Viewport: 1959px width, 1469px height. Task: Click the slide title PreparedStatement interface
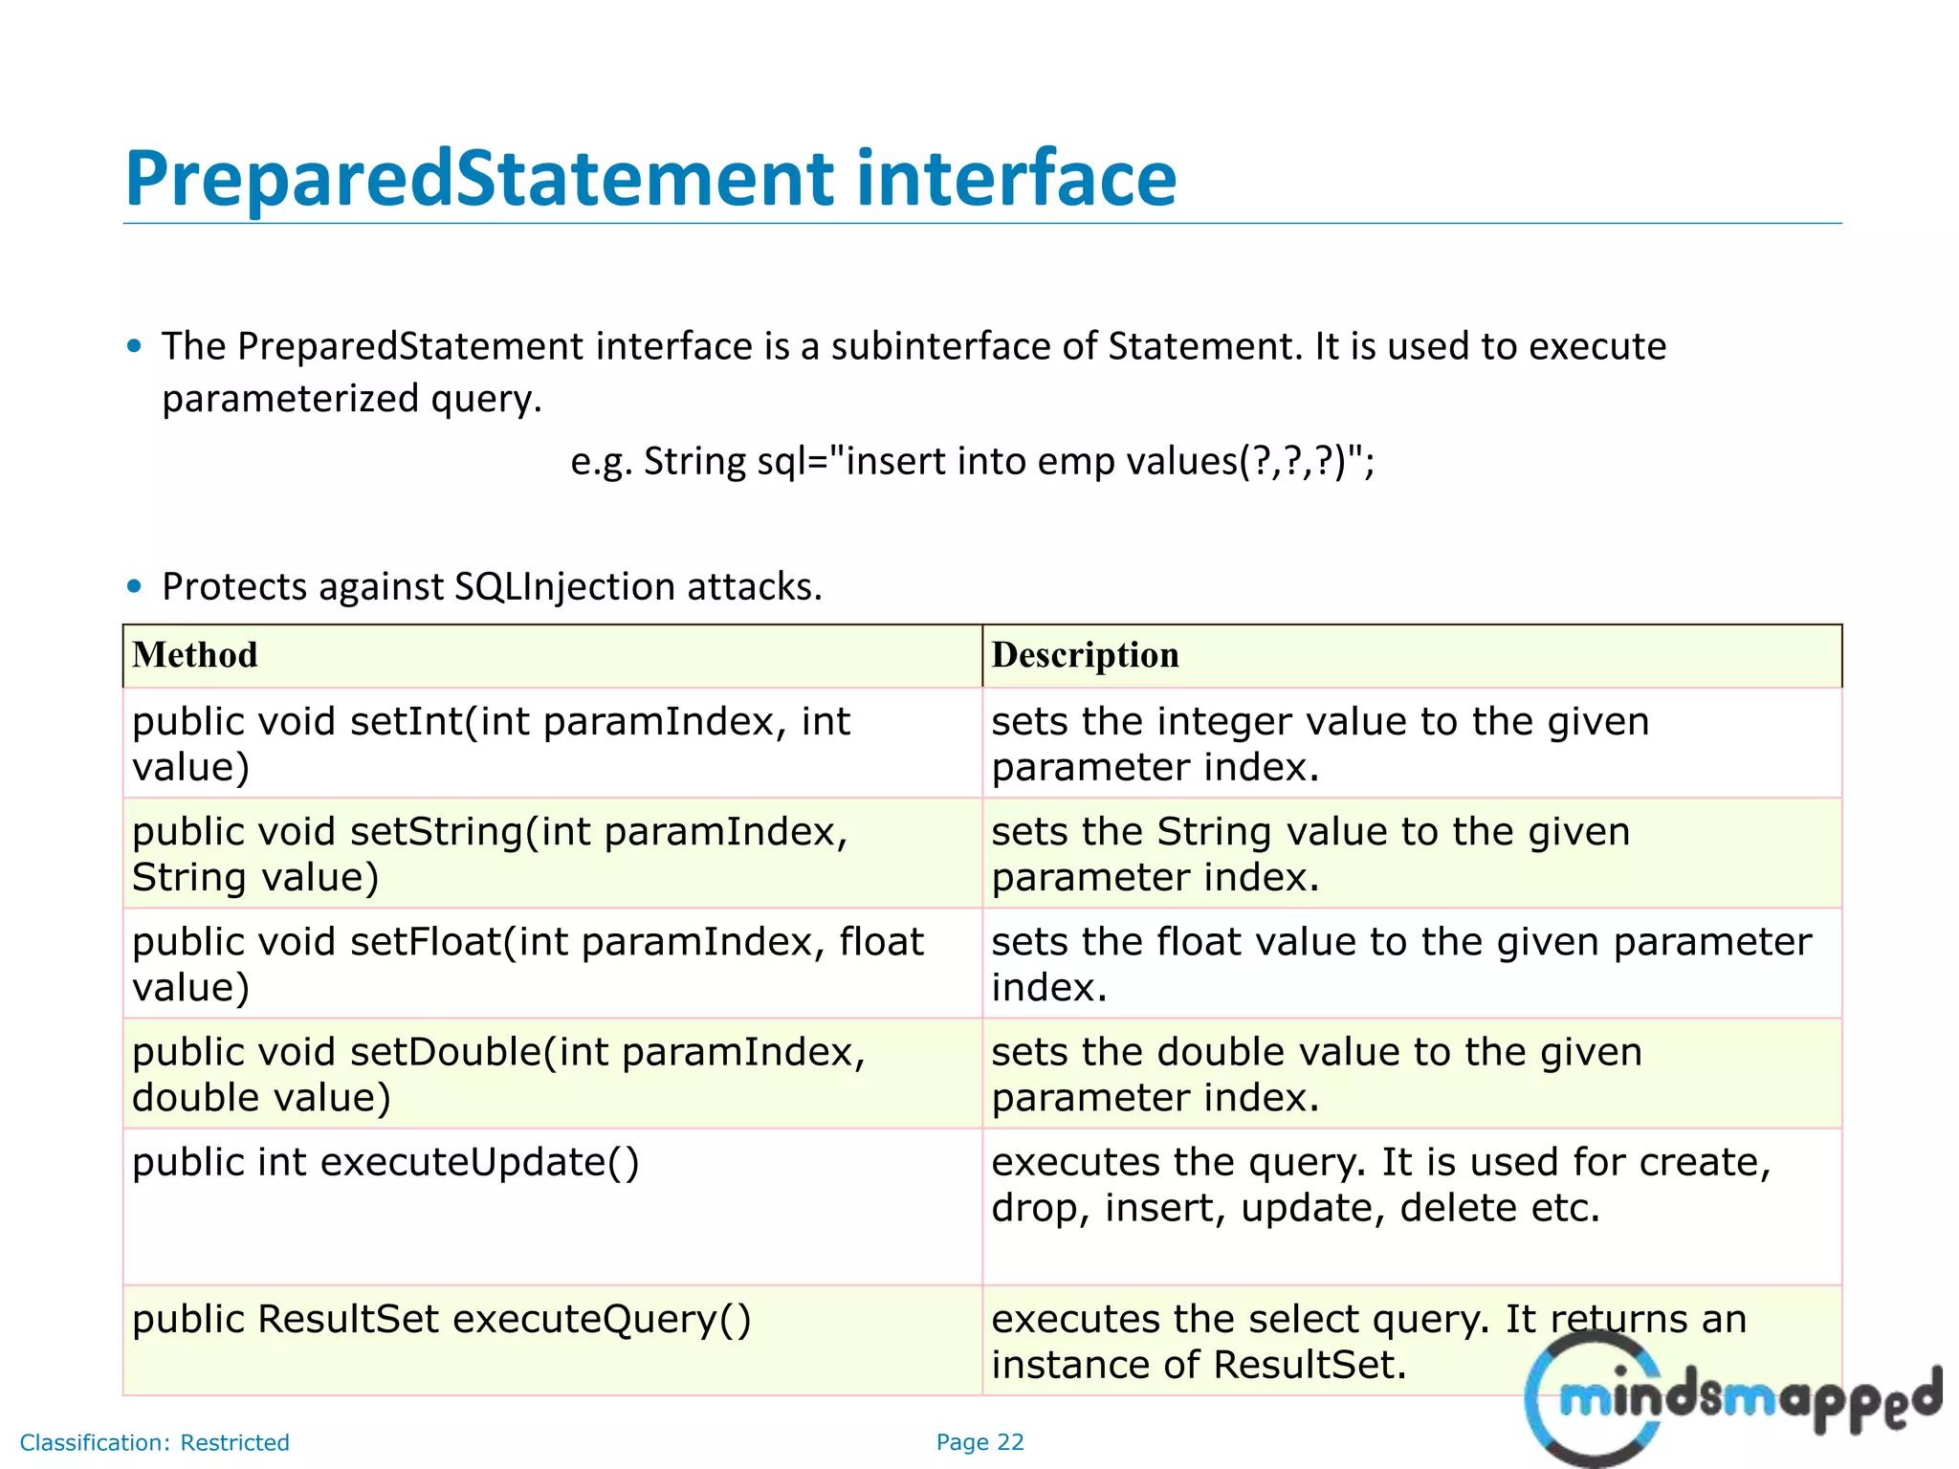pyautogui.click(x=650, y=179)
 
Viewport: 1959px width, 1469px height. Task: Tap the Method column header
pyautogui.click(x=195, y=655)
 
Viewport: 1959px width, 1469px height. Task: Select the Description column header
pyautogui.click(x=1085, y=655)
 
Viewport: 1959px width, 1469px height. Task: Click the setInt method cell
pyautogui.click(x=490, y=743)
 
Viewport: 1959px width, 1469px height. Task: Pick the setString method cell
pyautogui.click(x=490, y=853)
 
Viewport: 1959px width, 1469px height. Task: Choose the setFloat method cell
pyautogui.click(x=527, y=963)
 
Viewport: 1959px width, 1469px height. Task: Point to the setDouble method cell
pyautogui.click(x=498, y=1073)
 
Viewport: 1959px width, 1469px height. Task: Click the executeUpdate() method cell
pyautogui.click(x=385, y=1162)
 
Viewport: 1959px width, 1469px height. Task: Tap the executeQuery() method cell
pyautogui.click(x=441, y=1319)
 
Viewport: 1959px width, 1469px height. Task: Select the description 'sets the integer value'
pyautogui.click(x=1320, y=743)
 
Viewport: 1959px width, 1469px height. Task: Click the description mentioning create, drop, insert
pyautogui.click(x=1380, y=1184)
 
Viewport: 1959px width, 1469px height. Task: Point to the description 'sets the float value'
pyautogui.click(x=1400, y=963)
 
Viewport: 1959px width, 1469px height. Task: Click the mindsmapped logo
pyautogui.click(x=1731, y=1398)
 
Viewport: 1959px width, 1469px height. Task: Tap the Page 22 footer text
pyautogui.click(x=979, y=1442)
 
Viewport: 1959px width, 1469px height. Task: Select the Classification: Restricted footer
pyautogui.click(x=154, y=1442)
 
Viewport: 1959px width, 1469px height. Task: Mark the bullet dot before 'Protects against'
pyautogui.click(x=135, y=586)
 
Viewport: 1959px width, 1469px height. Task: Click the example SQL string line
pyautogui.click(x=972, y=462)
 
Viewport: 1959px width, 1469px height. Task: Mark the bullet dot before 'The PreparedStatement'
pyautogui.click(x=135, y=346)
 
